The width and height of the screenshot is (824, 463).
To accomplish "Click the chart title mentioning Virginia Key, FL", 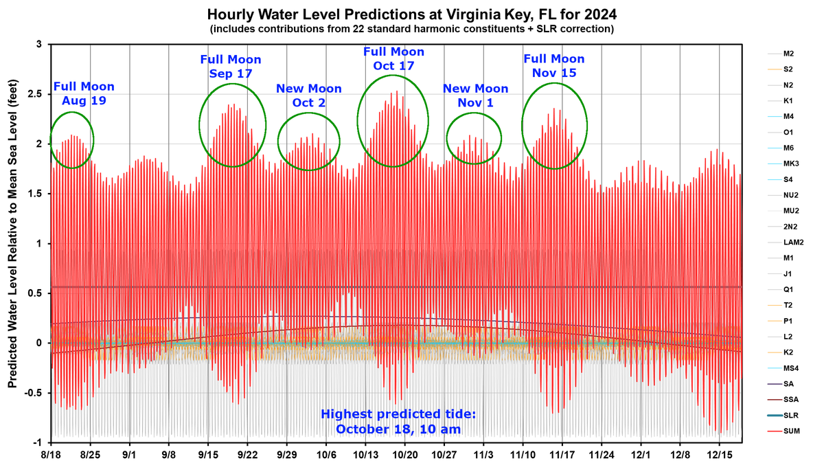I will (x=411, y=14).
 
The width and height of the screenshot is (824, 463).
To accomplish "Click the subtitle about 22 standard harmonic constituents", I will (x=411, y=29).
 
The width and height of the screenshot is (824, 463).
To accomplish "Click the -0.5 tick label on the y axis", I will (x=34, y=393).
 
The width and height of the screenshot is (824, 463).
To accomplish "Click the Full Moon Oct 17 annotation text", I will (x=393, y=59).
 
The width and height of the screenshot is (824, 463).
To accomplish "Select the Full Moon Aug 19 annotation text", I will (x=84, y=93).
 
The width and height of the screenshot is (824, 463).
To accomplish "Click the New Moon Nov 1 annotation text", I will (x=475, y=95).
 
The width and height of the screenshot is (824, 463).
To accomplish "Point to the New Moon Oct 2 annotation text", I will (x=308, y=95).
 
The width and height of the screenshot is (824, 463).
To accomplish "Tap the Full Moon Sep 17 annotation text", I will (x=231, y=67).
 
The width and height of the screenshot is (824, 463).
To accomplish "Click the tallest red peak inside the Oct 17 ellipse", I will (x=396, y=92).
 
